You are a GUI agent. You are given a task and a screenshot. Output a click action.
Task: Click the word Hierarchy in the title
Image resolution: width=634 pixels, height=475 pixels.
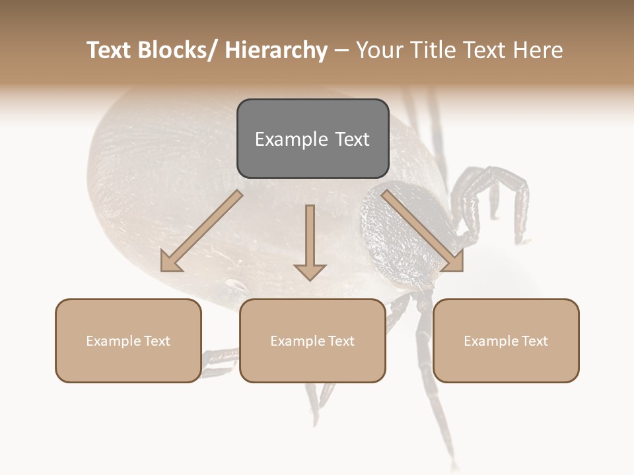pos(276,50)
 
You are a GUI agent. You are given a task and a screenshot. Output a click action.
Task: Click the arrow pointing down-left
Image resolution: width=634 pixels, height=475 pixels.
pos(201,232)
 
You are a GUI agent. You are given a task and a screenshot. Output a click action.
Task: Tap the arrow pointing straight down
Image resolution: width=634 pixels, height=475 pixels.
pos(310,241)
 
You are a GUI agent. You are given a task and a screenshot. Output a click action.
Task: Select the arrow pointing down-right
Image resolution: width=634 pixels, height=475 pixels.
pos(423,230)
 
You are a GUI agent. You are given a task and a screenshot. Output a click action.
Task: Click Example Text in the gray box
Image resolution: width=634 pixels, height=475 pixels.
pos(312,139)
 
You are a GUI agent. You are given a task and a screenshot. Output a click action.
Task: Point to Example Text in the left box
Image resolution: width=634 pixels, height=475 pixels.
pos(128,341)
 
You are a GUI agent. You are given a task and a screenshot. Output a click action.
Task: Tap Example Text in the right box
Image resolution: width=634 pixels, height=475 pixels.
pos(506,341)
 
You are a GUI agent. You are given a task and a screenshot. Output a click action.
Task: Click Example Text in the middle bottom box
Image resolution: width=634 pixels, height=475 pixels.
pos(312,341)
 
